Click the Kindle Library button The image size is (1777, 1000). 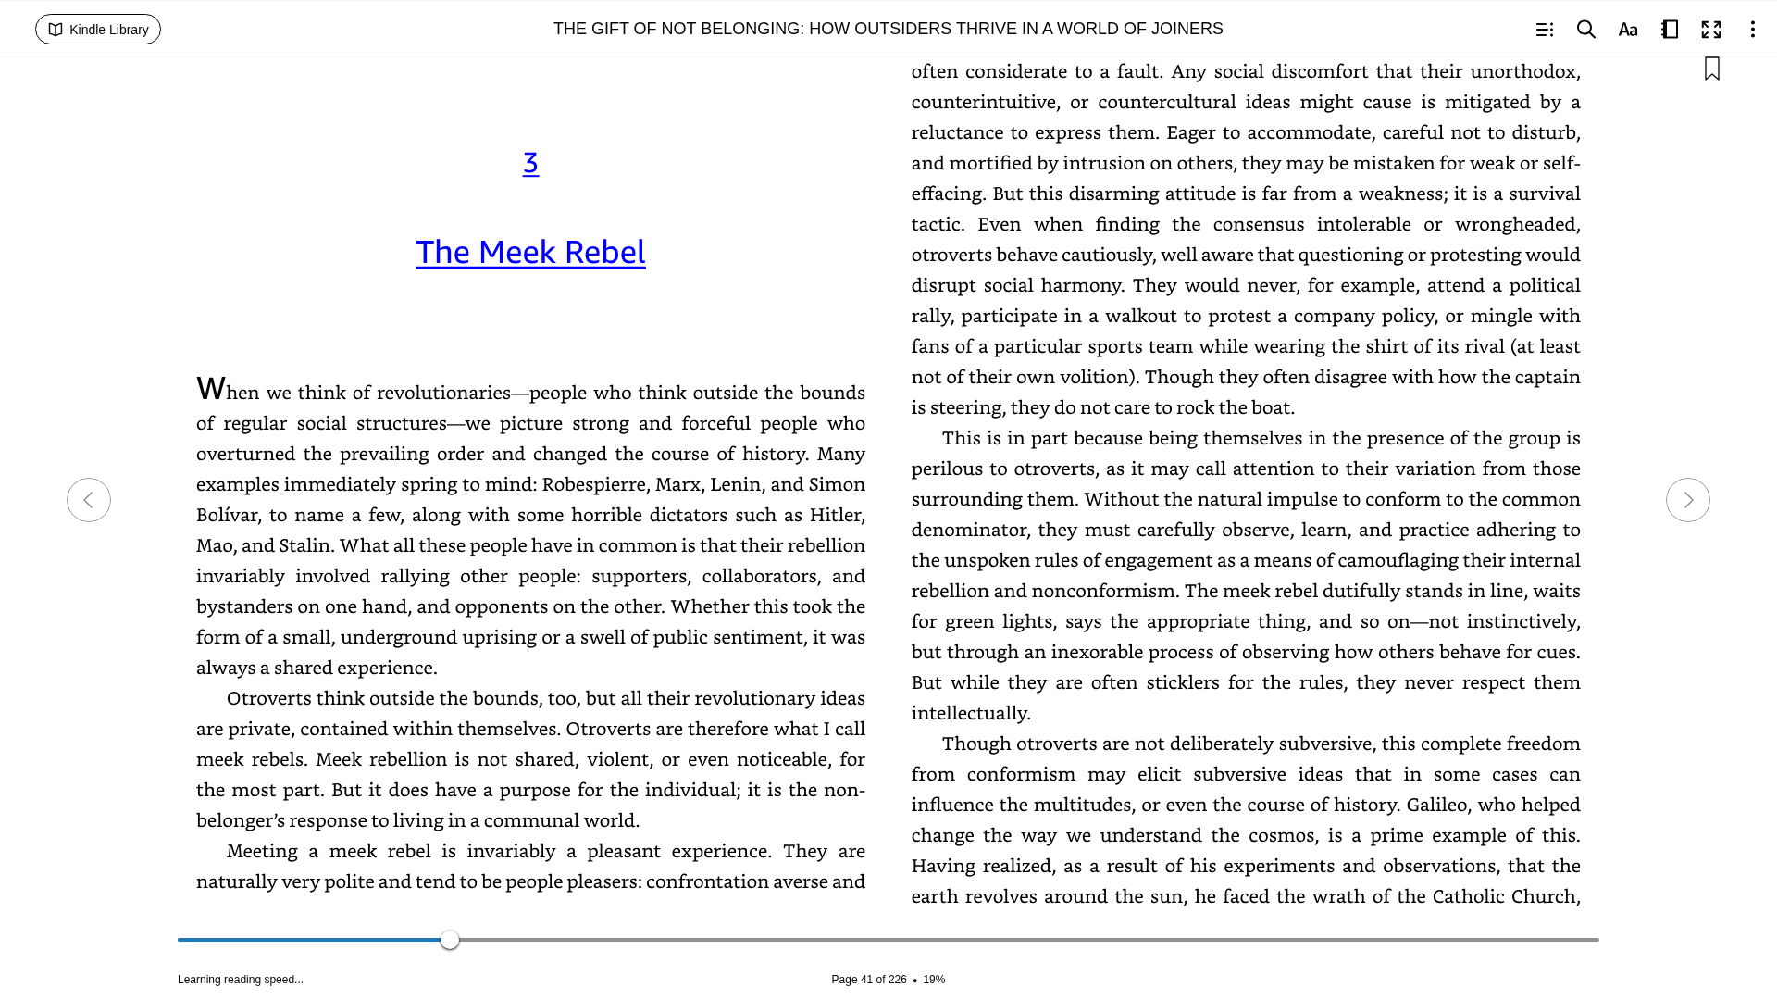pyautogui.click(x=98, y=30)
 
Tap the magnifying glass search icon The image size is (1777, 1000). pyautogui.click(x=1586, y=30)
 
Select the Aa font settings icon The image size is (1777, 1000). pyautogui.click(x=1628, y=30)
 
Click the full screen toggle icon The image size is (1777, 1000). pyautogui.click(x=1711, y=30)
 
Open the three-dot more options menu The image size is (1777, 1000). pyautogui.click(x=1752, y=30)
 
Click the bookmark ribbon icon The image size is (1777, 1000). pyautogui.click(x=1712, y=69)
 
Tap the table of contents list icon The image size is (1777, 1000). pyautogui.click(x=1545, y=30)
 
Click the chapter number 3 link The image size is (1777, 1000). pyautogui.click(x=530, y=163)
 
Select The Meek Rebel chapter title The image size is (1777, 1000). pyautogui.click(x=530, y=252)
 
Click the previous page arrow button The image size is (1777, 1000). pyautogui.click(x=89, y=500)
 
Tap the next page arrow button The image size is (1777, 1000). pyautogui.click(x=1687, y=500)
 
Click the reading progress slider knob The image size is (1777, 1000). pyautogui.click(x=450, y=940)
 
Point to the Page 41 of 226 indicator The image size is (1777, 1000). pyautogui.click(x=868, y=980)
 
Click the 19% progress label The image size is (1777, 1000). pyautogui.click(x=934, y=980)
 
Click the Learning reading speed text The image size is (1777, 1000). pyautogui.click(x=241, y=980)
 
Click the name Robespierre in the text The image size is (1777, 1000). pyautogui.click(x=593, y=484)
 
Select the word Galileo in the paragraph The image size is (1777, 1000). pyautogui.click(x=1436, y=805)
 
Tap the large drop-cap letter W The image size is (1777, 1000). pyautogui.click(x=211, y=389)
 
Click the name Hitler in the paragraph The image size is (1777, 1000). pyautogui.click(x=836, y=515)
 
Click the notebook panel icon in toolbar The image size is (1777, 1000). pyautogui.click(x=1670, y=30)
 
